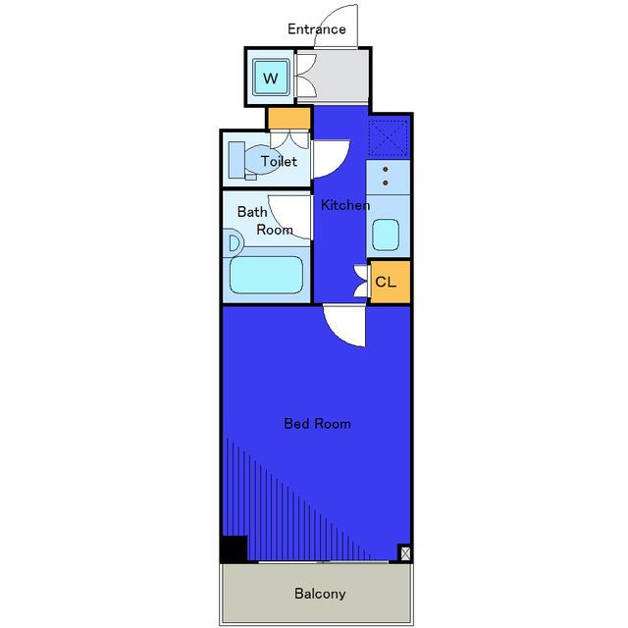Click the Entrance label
tap(316, 29)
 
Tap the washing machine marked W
tap(271, 78)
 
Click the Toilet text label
tap(279, 161)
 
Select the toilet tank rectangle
tap(236, 159)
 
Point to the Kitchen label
tap(345, 205)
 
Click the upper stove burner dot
tap(386, 170)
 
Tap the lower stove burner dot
tap(386, 183)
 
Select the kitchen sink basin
tap(386, 235)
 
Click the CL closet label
tap(386, 282)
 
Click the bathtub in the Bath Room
tap(266, 275)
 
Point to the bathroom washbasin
tap(234, 242)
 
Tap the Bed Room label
tap(317, 424)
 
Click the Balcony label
tap(320, 594)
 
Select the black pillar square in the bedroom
tap(235, 549)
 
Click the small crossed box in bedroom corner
tap(404, 552)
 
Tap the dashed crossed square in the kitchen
tap(389, 137)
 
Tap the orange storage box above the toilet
tap(289, 119)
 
